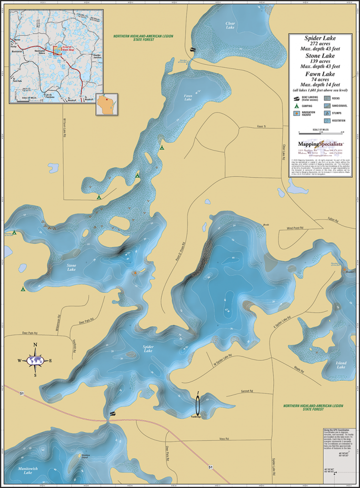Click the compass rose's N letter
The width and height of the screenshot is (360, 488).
tap(35, 345)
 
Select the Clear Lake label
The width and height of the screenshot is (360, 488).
tap(230, 25)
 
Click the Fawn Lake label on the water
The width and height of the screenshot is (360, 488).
tap(188, 98)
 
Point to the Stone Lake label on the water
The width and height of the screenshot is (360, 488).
tap(72, 267)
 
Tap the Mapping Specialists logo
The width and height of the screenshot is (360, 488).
tap(317, 143)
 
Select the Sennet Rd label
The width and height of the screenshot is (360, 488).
tap(247, 391)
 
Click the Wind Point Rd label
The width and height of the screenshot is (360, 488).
tap(296, 228)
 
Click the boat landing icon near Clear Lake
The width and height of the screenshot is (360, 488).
tap(193, 49)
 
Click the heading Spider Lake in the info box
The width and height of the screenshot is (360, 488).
tap(319, 38)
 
